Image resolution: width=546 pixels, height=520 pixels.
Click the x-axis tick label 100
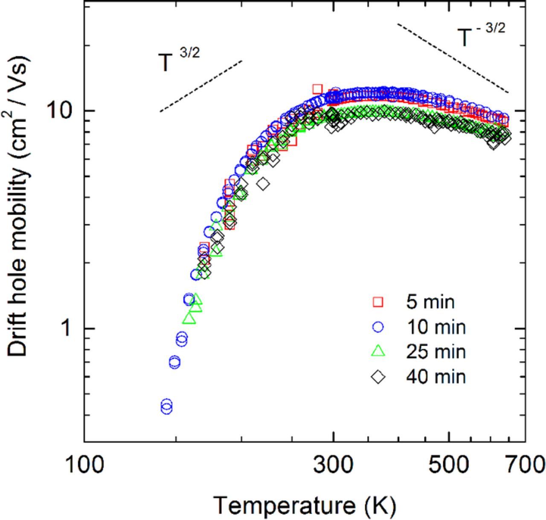tap(84, 464)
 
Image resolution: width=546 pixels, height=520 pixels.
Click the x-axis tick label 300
tap(333, 464)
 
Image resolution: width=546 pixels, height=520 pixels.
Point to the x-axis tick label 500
tap(448, 464)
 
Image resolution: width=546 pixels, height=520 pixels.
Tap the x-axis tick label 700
tap(525, 464)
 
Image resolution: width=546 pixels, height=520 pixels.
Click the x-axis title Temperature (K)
tap(305, 505)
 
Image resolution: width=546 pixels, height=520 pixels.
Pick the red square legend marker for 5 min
tap(378, 302)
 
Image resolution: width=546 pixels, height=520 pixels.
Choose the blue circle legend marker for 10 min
tap(378, 327)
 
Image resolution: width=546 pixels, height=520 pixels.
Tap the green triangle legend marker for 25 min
tap(378, 351)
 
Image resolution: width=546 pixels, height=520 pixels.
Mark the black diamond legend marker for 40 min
tap(378, 377)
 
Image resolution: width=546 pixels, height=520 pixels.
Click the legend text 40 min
tap(436, 377)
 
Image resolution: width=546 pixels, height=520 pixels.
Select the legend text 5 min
tap(430, 302)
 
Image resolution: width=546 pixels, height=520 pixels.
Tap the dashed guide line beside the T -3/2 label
tap(452, 58)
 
